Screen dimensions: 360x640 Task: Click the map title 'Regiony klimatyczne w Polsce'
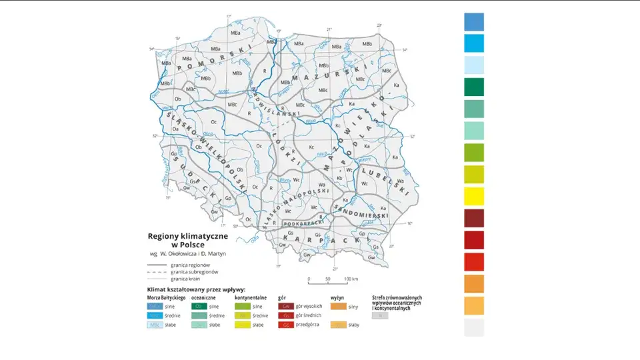click(x=188, y=240)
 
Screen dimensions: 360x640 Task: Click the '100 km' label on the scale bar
click(x=351, y=279)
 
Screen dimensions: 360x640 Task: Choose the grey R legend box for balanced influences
click(x=379, y=315)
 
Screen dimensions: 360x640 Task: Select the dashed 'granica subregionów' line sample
click(x=157, y=272)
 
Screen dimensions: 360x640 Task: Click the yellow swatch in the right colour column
click(x=474, y=196)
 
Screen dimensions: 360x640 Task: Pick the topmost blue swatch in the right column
click(x=474, y=22)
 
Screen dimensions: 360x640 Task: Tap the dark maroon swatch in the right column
click(x=474, y=218)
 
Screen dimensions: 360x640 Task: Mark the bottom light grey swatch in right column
click(x=474, y=327)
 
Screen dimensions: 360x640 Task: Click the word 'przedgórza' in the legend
click(x=309, y=325)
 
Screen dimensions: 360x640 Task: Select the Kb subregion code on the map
click(x=340, y=178)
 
